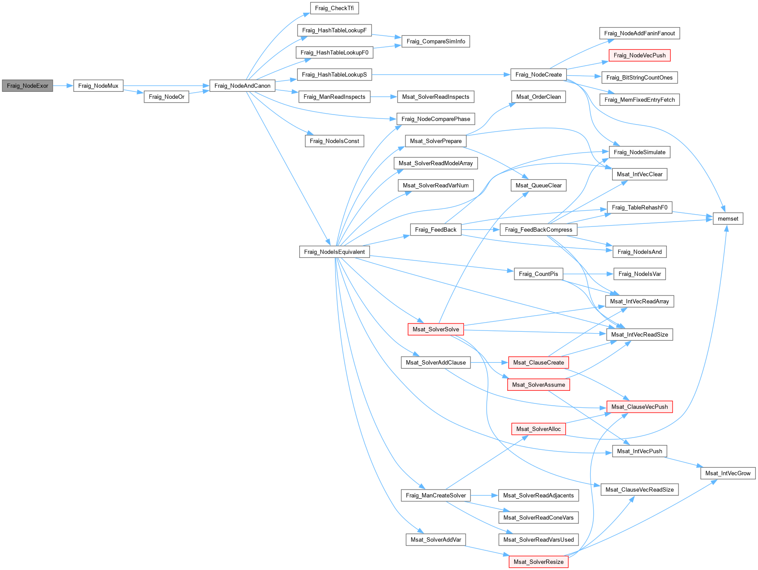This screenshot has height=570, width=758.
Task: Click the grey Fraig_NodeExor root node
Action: [x=28, y=86]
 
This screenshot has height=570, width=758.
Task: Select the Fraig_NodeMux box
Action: [x=98, y=86]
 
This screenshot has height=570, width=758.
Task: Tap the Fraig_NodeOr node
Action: [x=166, y=97]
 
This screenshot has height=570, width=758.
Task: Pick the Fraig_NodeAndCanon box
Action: [x=242, y=86]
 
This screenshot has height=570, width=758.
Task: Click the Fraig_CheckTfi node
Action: [x=334, y=8]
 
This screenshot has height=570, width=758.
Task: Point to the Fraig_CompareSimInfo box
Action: [x=436, y=42]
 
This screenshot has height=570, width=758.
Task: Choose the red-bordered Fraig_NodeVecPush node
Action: [x=640, y=56]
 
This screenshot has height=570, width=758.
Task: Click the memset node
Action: [x=728, y=219]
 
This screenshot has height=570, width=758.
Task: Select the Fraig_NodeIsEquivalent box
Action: [x=334, y=252]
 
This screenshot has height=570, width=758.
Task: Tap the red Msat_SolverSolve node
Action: [x=436, y=329]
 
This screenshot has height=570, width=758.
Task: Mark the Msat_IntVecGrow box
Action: [x=728, y=473]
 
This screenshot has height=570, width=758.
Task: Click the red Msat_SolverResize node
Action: [x=538, y=562]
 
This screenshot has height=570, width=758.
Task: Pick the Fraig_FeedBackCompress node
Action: [x=538, y=229]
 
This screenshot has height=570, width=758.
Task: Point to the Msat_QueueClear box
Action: [x=538, y=185]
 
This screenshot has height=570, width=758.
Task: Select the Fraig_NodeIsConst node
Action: [x=334, y=141]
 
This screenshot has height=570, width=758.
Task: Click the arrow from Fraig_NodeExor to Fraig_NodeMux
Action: [x=63, y=86]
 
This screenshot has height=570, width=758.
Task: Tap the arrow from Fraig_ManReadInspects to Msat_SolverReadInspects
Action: [x=384, y=97]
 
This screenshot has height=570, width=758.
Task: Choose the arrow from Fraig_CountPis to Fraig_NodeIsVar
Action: [x=588, y=274]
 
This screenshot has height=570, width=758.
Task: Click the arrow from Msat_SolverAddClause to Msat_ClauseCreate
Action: [x=489, y=362]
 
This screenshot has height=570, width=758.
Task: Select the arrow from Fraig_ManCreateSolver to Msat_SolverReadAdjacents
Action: [x=485, y=495]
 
